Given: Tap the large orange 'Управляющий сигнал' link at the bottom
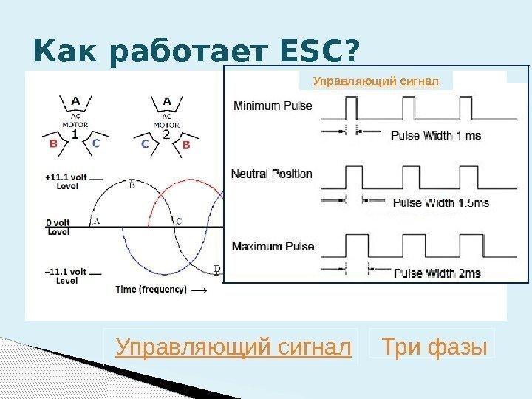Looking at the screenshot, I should coord(233,346).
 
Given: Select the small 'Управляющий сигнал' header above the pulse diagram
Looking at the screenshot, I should coord(376,81).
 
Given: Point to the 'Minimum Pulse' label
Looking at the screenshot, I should coord(273,106).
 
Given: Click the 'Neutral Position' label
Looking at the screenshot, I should coord(272,174).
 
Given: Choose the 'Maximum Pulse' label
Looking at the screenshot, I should coord(273,246).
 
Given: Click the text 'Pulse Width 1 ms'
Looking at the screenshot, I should coord(436,135).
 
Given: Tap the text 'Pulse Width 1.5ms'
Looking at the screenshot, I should coord(441,202).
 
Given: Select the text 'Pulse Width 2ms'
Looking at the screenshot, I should coord(437,273).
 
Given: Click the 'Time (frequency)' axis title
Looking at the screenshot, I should coord(151,290).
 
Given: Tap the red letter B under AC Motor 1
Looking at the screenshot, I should coord(53,145).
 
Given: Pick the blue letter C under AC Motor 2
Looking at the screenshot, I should coord(145,145).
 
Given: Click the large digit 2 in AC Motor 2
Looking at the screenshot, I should coord(166,134).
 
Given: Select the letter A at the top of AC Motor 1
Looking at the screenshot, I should coord(75,101).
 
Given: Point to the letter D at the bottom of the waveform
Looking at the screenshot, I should coord(216,268).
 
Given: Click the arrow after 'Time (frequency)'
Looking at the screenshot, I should coord(199,290).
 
